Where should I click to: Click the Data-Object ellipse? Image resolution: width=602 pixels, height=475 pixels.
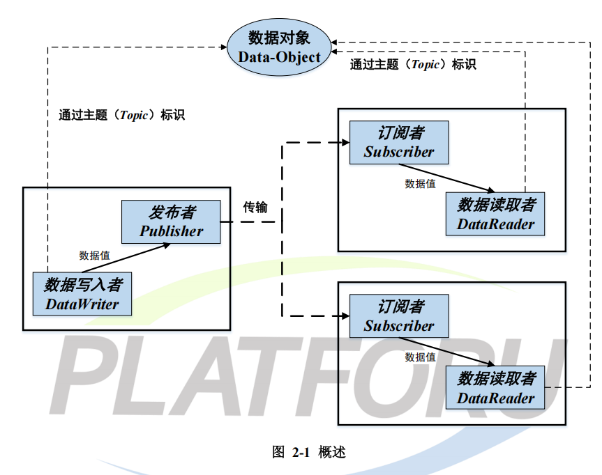[279, 47]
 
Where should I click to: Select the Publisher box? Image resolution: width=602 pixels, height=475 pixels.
[171, 222]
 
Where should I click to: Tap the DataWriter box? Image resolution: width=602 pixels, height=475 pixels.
[82, 295]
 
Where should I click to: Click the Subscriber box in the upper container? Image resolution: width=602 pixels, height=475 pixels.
[399, 142]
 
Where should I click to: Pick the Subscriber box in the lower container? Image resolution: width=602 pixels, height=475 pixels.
[399, 316]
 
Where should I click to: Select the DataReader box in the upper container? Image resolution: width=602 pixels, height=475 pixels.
[495, 215]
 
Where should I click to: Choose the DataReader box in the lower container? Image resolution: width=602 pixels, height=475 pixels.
[495, 389]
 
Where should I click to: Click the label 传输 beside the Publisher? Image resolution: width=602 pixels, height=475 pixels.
[255, 208]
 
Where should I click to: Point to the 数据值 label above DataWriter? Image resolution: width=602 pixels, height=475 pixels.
[94, 255]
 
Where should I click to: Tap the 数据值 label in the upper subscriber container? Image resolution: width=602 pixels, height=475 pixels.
[420, 184]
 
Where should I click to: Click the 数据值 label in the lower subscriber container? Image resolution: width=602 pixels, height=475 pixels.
[420, 357]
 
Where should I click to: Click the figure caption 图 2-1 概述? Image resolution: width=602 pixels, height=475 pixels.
[308, 452]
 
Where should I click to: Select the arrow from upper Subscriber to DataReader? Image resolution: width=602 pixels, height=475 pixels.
[446, 178]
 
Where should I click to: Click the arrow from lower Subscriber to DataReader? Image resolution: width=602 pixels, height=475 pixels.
[446, 352]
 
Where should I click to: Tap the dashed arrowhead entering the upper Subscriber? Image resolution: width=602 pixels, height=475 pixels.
[344, 143]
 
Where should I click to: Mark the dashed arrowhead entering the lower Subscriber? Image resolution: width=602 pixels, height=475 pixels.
[344, 316]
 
